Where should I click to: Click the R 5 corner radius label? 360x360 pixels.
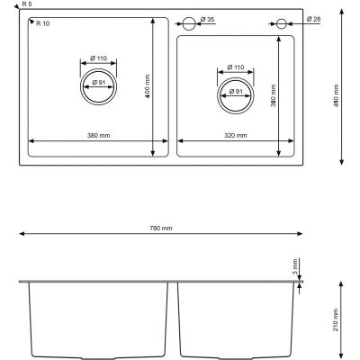click(x=27, y=4)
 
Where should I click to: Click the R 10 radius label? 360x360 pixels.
click(x=43, y=23)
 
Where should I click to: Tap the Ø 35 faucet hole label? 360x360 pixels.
click(x=207, y=20)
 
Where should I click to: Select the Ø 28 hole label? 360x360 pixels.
click(x=313, y=19)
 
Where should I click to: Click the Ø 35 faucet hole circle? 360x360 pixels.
click(x=189, y=17)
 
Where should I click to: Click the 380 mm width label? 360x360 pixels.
click(x=99, y=136)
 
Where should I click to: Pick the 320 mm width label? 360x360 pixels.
click(x=236, y=136)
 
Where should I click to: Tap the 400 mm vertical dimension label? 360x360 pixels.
click(x=147, y=86)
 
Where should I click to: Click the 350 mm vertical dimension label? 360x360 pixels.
click(x=274, y=95)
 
